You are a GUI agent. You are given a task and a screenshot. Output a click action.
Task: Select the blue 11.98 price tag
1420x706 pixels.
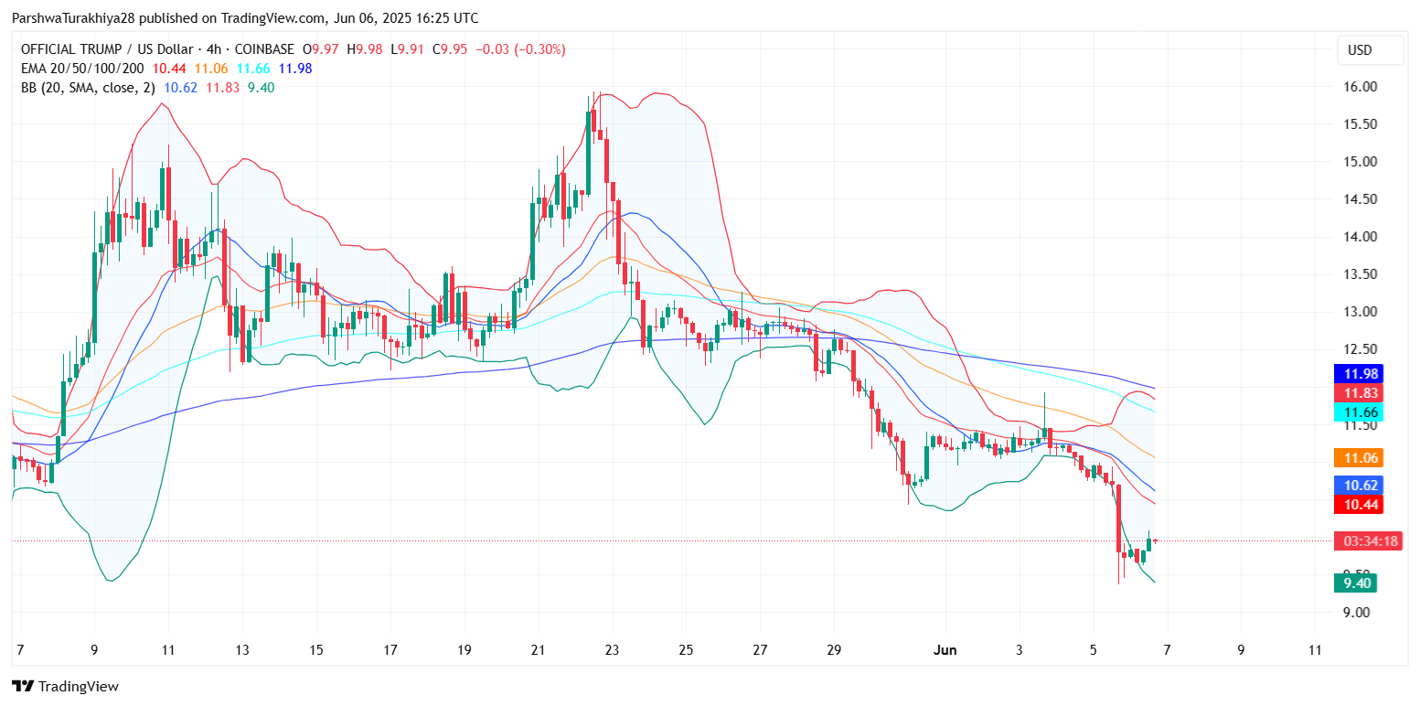[1357, 373]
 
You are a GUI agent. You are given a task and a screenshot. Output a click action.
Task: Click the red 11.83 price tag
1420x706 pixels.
[1357, 392]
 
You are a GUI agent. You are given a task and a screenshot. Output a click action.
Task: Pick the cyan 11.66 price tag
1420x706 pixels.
[1357, 412]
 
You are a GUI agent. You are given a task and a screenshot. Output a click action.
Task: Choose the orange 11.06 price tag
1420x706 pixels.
[1357, 457]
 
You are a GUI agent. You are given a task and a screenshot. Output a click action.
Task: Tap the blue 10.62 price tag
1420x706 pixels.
[1357, 486]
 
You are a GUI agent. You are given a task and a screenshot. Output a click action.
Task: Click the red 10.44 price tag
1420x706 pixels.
[1357, 505]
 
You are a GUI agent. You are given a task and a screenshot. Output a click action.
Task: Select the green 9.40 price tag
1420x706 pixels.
[1357, 583]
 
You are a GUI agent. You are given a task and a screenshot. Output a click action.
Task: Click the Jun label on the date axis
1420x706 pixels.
[944, 650]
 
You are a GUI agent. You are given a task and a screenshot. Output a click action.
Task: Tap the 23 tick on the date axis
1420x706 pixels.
[612, 650]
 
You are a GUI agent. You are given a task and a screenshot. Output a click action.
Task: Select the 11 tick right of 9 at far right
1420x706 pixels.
[1315, 650]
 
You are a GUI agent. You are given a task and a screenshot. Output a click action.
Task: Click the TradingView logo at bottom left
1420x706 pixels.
[65, 686]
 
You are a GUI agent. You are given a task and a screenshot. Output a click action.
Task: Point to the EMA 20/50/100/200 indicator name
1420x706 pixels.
[83, 69]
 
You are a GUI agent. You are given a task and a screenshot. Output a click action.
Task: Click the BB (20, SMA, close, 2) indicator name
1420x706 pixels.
[89, 88]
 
